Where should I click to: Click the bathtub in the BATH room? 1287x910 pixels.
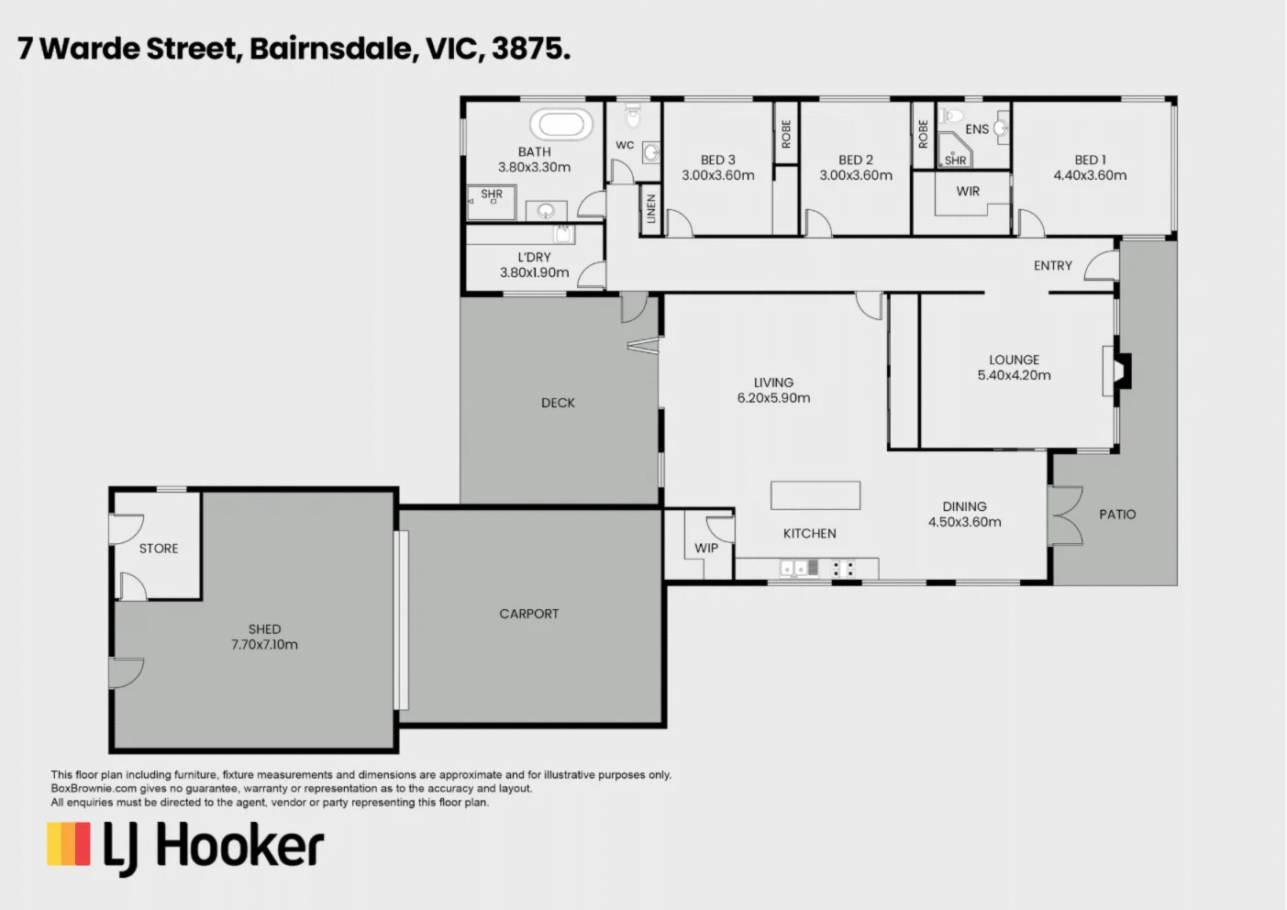pyautogui.click(x=560, y=124)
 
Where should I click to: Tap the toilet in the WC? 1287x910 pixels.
pyautogui.click(x=633, y=117)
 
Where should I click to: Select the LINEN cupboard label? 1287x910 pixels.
pyautogui.click(x=650, y=208)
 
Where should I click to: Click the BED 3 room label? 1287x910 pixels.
pyautogui.click(x=717, y=160)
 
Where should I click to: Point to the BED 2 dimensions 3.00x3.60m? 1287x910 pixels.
pyautogui.click(x=856, y=175)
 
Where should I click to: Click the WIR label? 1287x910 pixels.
pyautogui.click(x=968, y=192)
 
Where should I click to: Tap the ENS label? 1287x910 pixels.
pyautogui.click(x=977, y=129)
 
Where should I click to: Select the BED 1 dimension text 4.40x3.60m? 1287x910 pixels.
pyautogui.click(x=1090, y=175)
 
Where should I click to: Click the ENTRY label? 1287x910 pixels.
pyautogui.click(x=1052, y=265)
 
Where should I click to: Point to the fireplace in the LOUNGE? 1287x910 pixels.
pyautogui.click(x=1120, y=371)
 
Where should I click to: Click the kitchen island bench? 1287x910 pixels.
pyautogui.click(x=815, y=495)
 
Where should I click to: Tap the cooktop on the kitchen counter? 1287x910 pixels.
pyautogui.click(x=843, y=569)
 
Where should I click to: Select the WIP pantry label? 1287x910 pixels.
pyautogui.click(x=706, y=548)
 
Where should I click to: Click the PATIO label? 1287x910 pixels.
pyautogui.click(x=1117, y=515)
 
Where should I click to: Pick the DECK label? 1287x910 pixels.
pyautogui.click(x=558, y=403)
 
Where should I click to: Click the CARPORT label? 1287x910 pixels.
pyautogui.click(x=528, y=614)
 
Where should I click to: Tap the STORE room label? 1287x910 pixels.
pyautogui.click(x=159, y=549)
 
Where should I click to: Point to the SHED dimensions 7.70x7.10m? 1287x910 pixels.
pyautogui.click(x=264, y=645)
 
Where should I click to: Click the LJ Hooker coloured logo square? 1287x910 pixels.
pyautogui.click(x=69, y=844)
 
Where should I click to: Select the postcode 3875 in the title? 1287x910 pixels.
pyautogui.click(x=531, y=49)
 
